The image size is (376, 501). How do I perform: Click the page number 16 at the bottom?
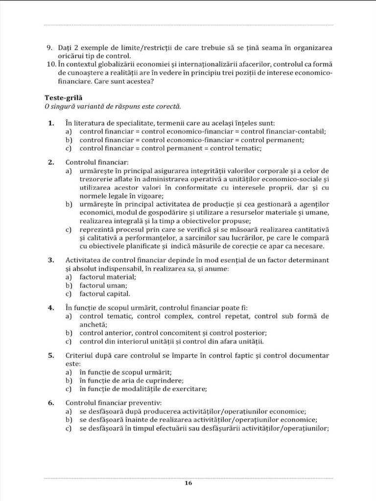coord(188,483)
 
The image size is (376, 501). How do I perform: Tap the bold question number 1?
coord(51,123)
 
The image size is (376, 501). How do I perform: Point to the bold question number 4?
coord(51,308)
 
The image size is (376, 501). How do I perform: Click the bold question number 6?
coord(51,403)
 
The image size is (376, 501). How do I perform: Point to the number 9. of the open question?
coord(50,47)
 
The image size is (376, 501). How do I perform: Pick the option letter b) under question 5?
coord(69,380)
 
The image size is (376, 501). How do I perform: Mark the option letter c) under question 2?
coord(69,229)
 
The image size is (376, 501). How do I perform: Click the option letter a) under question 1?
coord(69,131)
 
